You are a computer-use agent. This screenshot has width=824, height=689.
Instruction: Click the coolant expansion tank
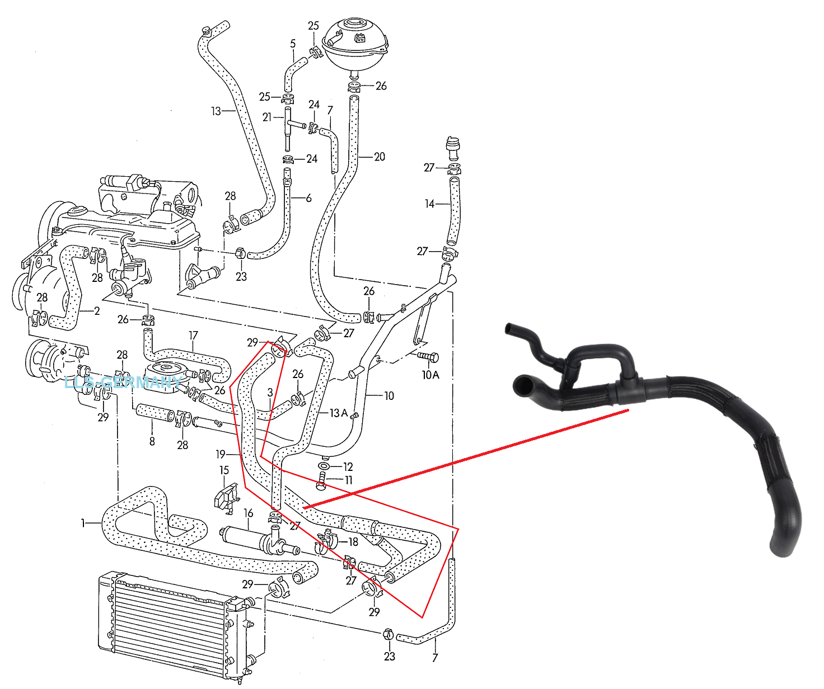click(x=354, y=45)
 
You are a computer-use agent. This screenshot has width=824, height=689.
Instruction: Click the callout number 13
click(x=216, y=111)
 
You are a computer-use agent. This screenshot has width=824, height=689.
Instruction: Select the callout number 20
click(x=380, y=157)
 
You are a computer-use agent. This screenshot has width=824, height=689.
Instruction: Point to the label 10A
click(x=430, y=375)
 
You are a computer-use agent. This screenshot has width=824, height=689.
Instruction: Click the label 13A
click(x=338, y=413)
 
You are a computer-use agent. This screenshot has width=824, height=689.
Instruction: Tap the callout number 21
click(x=267, y=117)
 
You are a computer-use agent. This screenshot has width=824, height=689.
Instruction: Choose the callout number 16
click(x=249, y=513)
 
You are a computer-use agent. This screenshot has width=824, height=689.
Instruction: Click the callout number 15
click(x=224, y=470)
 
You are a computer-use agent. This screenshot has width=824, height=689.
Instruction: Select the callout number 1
click(x=83, y=523)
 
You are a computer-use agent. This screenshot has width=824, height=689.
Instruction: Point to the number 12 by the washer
click(x=348, y=466)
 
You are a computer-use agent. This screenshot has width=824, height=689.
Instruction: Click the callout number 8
click(x=152, y=441)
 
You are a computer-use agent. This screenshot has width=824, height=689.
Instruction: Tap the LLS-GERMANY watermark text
click(x=123, y=383)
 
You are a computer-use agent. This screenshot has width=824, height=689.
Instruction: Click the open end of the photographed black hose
click(x=525, y=385)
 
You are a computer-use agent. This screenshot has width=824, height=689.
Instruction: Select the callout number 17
click(x=193, y=336)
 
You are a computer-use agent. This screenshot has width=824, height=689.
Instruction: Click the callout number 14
click(x=429, y=204)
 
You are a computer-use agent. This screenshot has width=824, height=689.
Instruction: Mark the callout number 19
click(x=221, y=454)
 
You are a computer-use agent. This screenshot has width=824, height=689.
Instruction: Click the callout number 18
click(x=353, y=541)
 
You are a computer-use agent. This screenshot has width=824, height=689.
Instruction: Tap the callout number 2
click(x=97, y=311)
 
